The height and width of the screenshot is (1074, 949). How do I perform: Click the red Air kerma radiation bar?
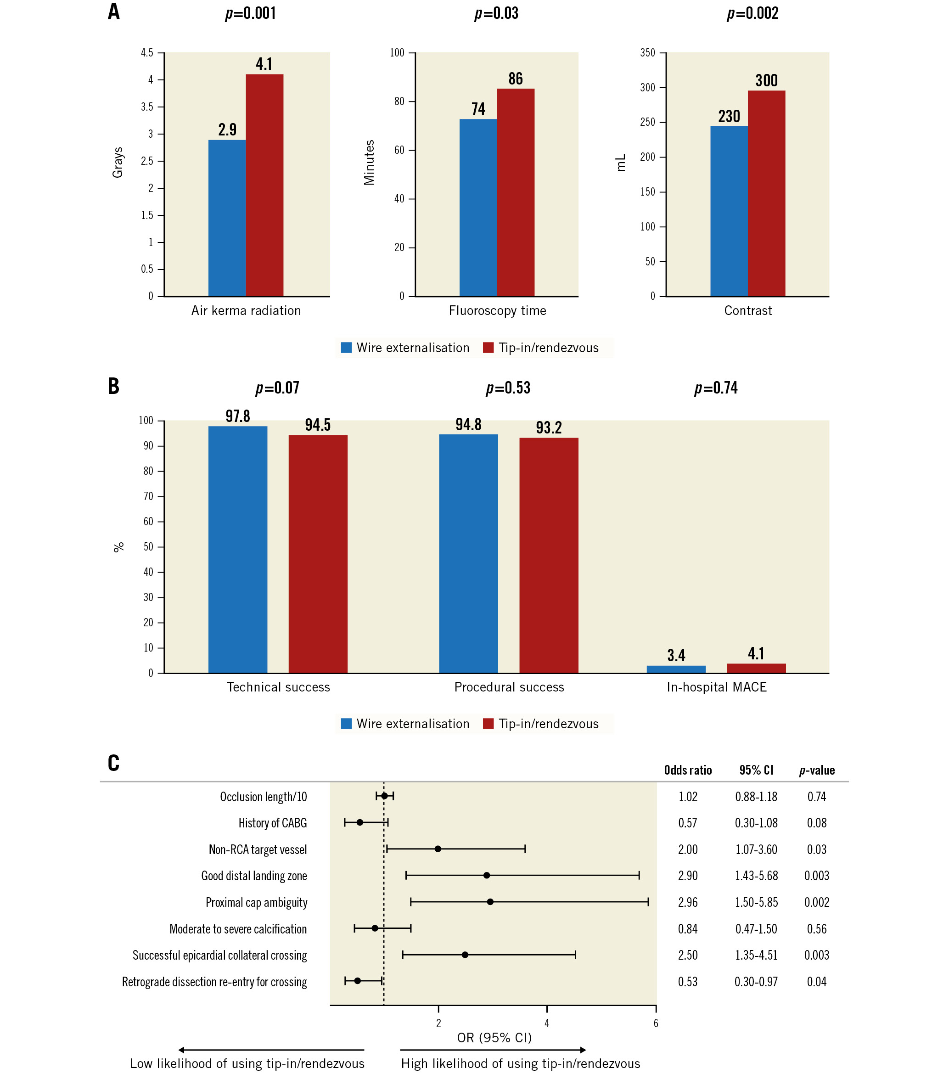pyautogui.click(x=264, y=185)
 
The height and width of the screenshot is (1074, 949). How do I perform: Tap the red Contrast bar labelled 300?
pyautogui.click(x=766, y=193)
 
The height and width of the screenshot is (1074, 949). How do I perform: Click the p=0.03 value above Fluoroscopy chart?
pyautogui.click(x=496, y=13)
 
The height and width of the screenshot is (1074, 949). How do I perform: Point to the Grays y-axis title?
pyautogui.click(x=118, y=163)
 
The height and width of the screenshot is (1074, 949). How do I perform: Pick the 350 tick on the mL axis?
pyautogui.click(x=647, y=52)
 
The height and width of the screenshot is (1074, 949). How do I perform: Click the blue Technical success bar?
pyautogui.click(x=237, y=549)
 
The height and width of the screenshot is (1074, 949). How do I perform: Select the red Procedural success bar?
pyautogui.click(x=549, y=555)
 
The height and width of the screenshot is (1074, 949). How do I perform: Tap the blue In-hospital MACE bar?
pyautogui.click(x=676, y=669)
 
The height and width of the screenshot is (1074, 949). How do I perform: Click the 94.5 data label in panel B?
pyautogui.click(x=317, y=425)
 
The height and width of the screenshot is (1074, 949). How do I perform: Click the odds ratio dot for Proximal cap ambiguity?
pyautogui.click(x=490, y=902)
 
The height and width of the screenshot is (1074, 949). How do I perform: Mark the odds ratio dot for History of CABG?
pyautogui.click(x=360, y=822)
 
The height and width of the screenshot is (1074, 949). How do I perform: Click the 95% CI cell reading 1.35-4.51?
pyautogui.click(x=756, y=955)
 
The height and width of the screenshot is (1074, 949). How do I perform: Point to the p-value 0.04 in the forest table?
pyautogui.click(x=817, y=982)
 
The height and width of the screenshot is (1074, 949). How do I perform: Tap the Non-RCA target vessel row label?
pyautogui.click(x=258, y=849)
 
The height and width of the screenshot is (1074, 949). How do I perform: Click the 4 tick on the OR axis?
pyautogui.click(x=547, y=1023)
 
